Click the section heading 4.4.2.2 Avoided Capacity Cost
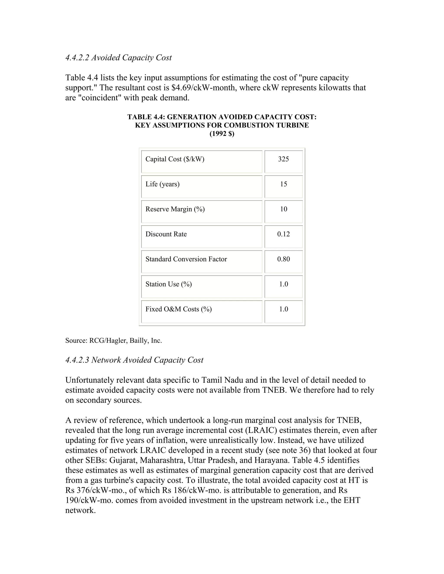(x=118, y=58)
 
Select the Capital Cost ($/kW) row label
(x=175, y=159)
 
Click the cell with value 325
(x=283, y=159)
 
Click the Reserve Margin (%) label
(x=175, y=209)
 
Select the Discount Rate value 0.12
(x=283, y=234)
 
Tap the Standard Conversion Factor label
(x=186, y=259)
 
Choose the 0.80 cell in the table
(x=283, y=259)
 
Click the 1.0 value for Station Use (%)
(x=283, y=284)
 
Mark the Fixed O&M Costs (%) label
(x=178, y=309)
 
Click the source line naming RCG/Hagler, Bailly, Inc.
(x=113, y=341)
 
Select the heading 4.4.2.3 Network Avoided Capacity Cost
(x=134, y=360)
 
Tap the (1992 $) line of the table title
(x=222, y=134)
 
